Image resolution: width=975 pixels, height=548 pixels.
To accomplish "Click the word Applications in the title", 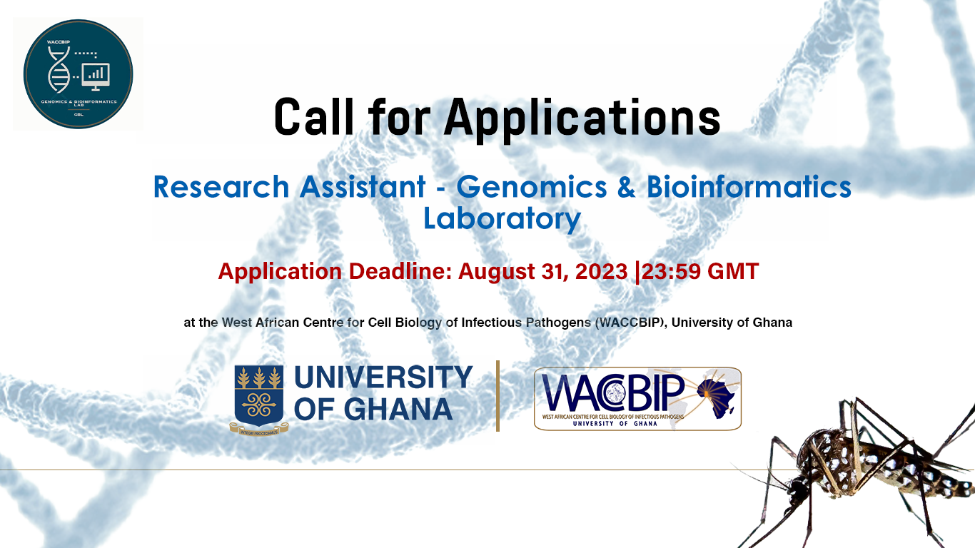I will pyautogui.click(x=582, y=118).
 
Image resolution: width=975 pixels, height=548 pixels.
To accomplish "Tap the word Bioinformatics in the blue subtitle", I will pyautogui.click(x=749, y=187).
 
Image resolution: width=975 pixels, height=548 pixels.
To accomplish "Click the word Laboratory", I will pyautogui.click(x=502, y=218).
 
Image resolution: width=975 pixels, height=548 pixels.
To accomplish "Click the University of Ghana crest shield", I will pyautogui.click(x=258, y=395).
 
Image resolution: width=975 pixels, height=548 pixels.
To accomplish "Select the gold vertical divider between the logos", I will pyautogui.click(x=497, y=396).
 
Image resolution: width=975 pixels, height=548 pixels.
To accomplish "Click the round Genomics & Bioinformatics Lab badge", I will pyautogui.click(x=78, y=74).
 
